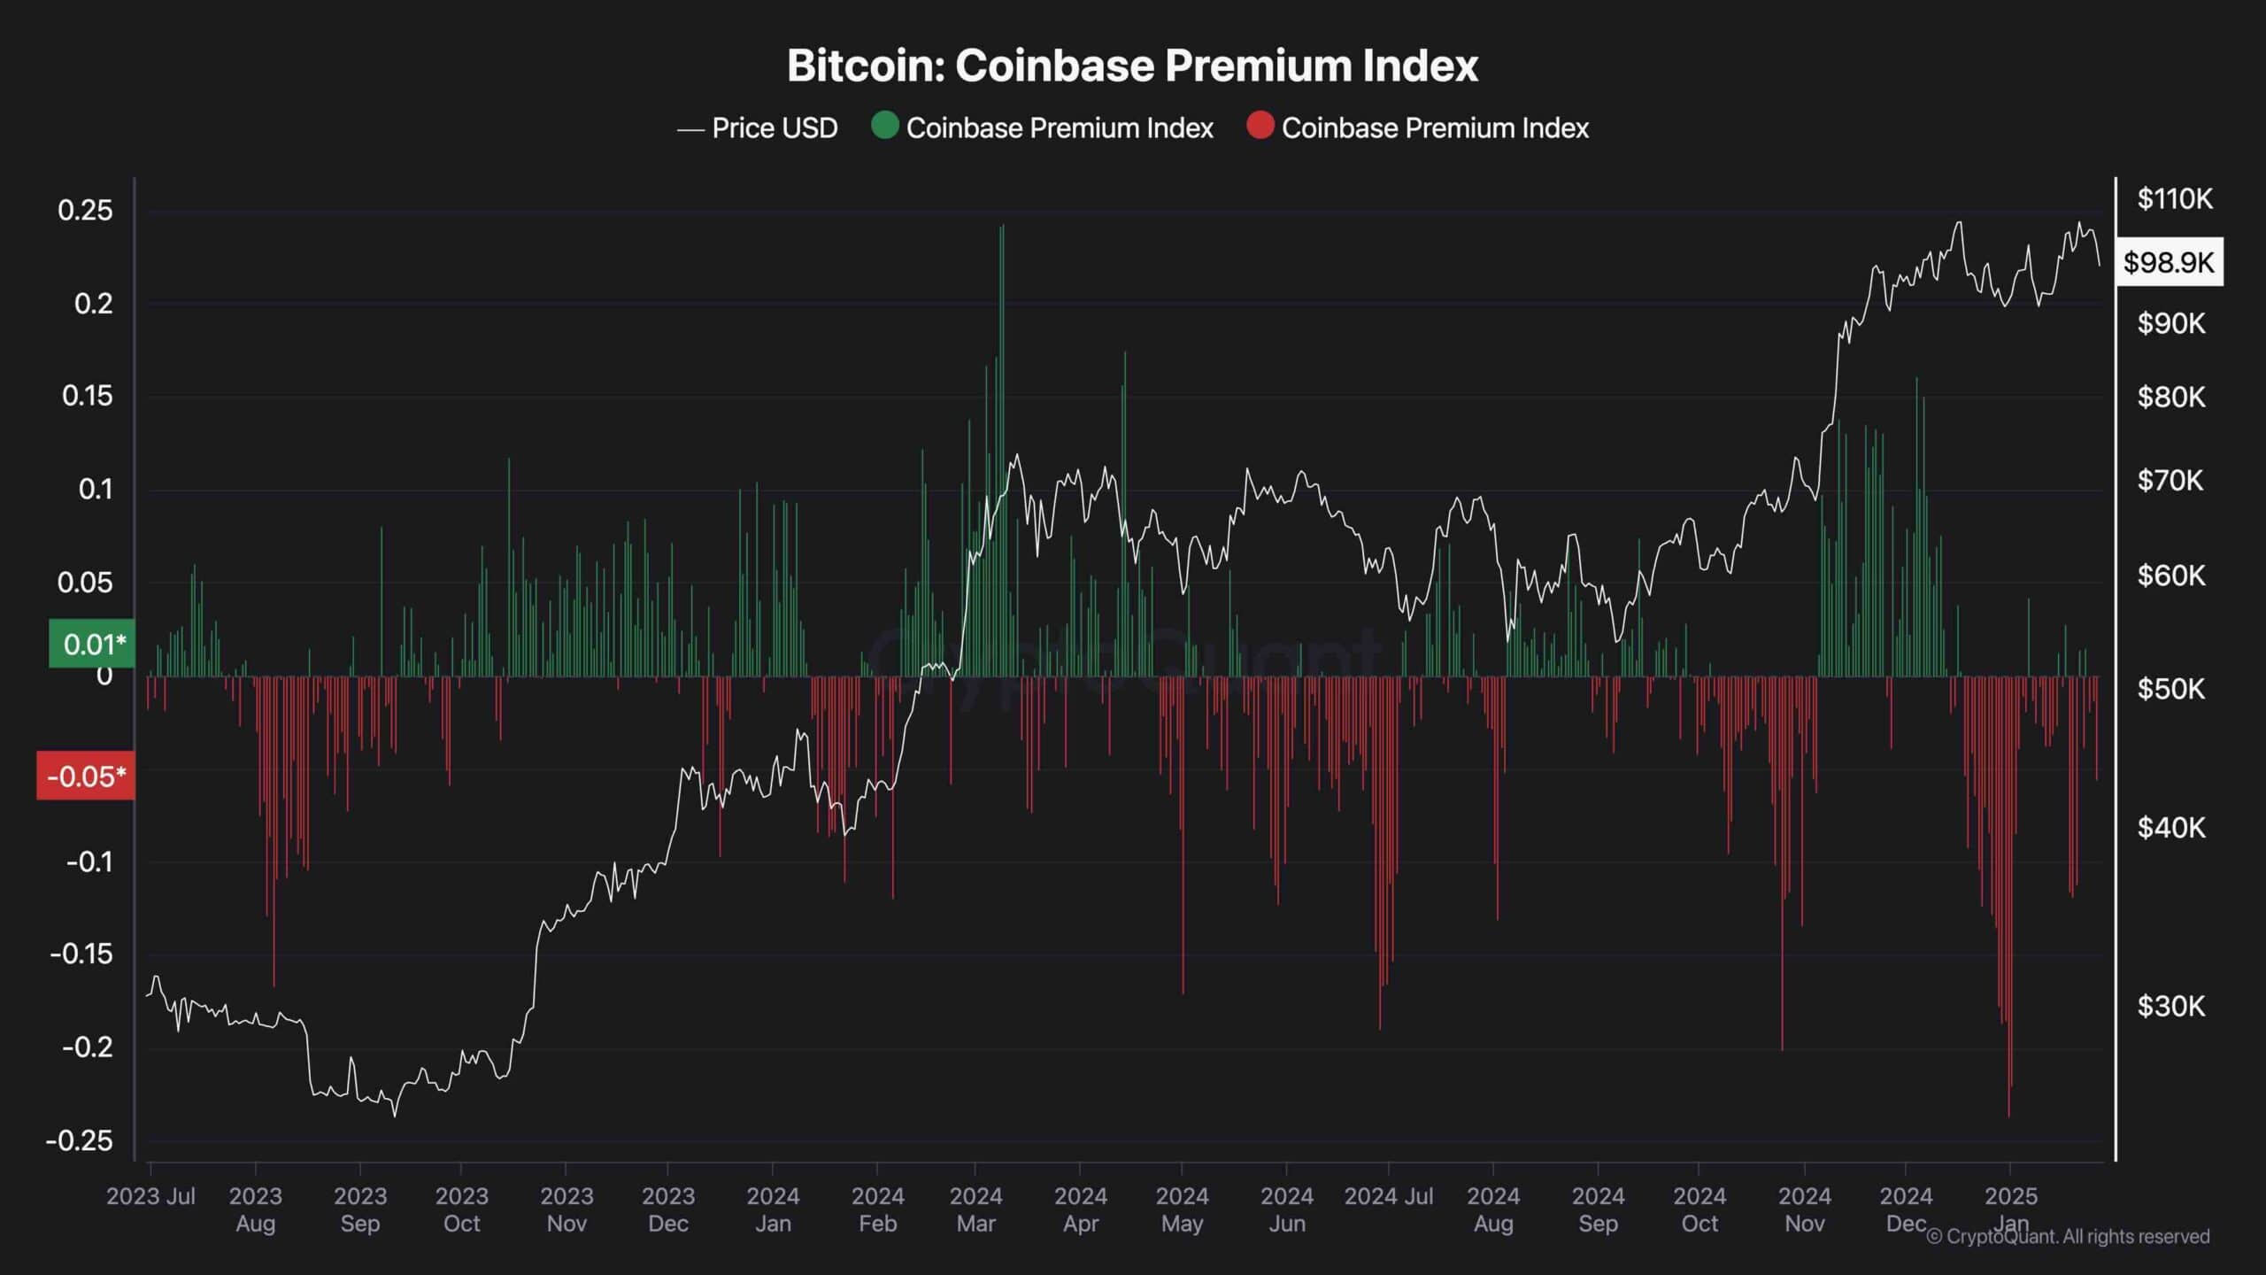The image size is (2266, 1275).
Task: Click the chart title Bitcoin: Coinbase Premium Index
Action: pyautogui.click(x=1132, y=66)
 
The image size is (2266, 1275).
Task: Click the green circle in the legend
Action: pyautogui.click(x=884, y=126)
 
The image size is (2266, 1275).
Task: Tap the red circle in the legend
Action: pyautogui.click(x=1260, y=126)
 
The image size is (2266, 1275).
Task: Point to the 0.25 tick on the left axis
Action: pyautogui.click(x=86, y=211)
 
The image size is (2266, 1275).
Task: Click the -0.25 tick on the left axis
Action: pyautogui.click(x=80, y=1140)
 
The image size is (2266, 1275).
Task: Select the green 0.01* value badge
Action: pyautogui.click(x=91, y=644)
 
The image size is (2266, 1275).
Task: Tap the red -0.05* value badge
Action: pyautogui.click(x=86, y=777)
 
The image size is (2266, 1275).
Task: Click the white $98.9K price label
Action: pyautogui.click(x=2169, y=262)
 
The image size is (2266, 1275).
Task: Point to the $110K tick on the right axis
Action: pyautogui.click(x=2175, y=198)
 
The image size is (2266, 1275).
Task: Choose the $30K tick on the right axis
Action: pyautogui.click(x=2170, y=1006)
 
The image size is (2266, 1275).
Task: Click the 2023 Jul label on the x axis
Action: pyautogui.click(x=150, y=1196)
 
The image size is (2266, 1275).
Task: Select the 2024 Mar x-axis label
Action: pyautogui.click(x=975, y=1209)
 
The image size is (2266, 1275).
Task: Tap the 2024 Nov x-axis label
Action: pyautogui.click(x=1804, y=1209)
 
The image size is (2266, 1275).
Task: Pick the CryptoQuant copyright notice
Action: pyautogui.click(x=2068, y=1236)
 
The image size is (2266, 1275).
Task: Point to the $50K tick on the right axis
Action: pyautogui.click(x=2170, y=689)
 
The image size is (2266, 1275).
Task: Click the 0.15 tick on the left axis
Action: pyautogui.click(x=88, y=396)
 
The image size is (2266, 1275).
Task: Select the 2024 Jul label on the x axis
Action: pyautogui.click(x=1388, y=1196)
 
